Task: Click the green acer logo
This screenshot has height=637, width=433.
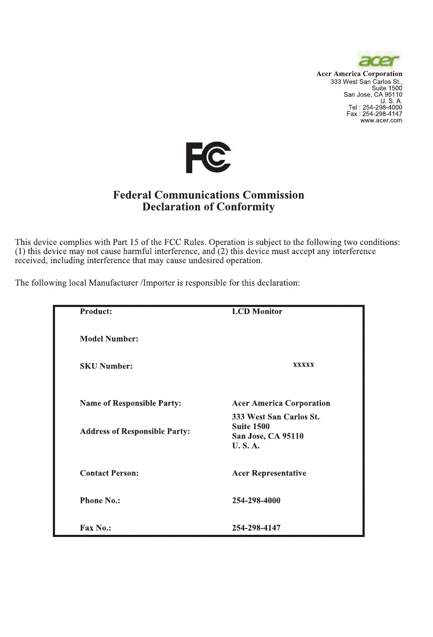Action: click(x=379, y=59)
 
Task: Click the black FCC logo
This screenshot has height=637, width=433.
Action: click(x=208, y=158)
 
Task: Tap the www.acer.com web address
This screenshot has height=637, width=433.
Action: click(x=381, y=120)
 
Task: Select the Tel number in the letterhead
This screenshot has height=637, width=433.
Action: click(x=375, y=108)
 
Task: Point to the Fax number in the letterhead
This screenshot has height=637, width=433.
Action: click(x=374, y=114)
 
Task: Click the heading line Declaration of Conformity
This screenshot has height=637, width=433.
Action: click(x=208, y=207)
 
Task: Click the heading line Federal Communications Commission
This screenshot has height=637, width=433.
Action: click(x=208, y=195)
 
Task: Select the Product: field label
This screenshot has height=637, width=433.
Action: click(x=96, y=311)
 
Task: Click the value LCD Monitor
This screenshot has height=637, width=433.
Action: click(x=257, y=311)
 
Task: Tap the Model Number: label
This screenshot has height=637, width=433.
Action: click(x=109, y=339)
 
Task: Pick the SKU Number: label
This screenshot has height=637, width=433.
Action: click(x=106, y=366)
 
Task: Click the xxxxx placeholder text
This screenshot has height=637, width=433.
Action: click(x=303, y=365)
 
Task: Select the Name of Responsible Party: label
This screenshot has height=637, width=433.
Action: click(x=130, y=403)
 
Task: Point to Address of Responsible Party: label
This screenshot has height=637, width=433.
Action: click(x=135, y=431)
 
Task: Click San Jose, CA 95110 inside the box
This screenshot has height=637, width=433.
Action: click(x=267, y=436)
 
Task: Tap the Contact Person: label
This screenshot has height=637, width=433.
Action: click(x=109, y=473)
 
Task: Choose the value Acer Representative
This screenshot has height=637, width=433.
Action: click(x=269, y=473)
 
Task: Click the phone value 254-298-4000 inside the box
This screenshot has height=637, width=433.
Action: click(x=256, y=501)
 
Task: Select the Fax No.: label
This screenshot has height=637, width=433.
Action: click(x=96, y=528)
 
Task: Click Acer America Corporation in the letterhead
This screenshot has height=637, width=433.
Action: click(x=359, y=74)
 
